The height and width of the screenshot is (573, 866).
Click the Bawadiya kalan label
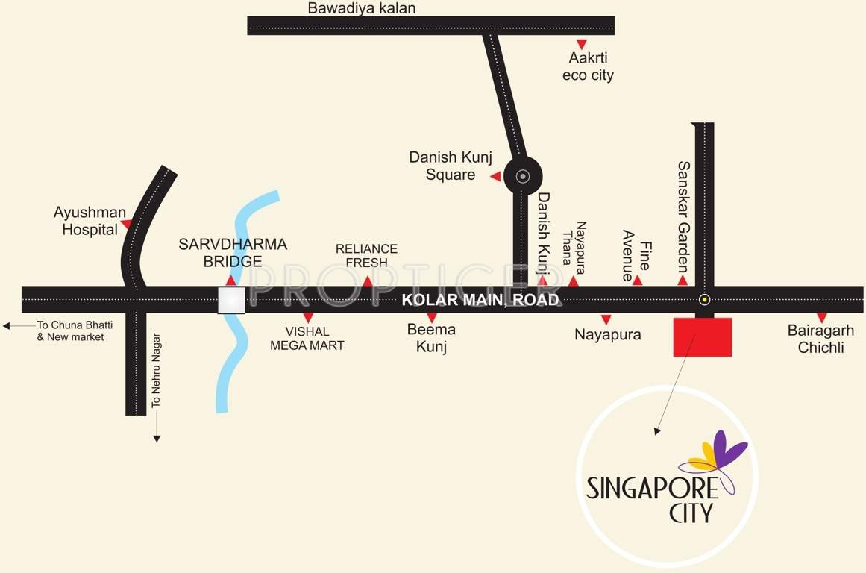pos(362,8)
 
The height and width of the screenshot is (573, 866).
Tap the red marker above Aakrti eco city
pos(581,44)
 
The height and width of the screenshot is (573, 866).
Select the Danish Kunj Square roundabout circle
pos(523,177)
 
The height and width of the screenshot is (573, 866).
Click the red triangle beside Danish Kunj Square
pos(495,176)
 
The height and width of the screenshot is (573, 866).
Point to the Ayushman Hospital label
pos(90,222)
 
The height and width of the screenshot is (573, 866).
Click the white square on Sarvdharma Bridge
pos(231,300)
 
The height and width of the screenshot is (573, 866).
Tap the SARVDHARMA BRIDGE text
pos(233,252)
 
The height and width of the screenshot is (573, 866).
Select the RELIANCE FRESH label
pos(366,255)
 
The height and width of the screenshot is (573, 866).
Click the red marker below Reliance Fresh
pos(368,281)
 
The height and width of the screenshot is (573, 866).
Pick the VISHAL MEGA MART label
pos(307,338)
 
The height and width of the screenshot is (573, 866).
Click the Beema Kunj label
pos(431,337)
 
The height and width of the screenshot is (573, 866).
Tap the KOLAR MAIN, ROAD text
pos(480,300)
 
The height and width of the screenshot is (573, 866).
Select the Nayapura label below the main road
pos(607,335)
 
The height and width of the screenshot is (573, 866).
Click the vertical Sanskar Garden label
pos(683,217)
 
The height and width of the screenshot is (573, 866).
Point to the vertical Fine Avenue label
pos(637,255)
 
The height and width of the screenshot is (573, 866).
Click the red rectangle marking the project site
pos(702,336)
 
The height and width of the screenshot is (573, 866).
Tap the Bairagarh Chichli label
pos(820,339)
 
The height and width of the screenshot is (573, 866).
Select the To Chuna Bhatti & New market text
pos(70,331)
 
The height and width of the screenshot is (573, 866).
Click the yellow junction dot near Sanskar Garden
pos(703,300)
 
